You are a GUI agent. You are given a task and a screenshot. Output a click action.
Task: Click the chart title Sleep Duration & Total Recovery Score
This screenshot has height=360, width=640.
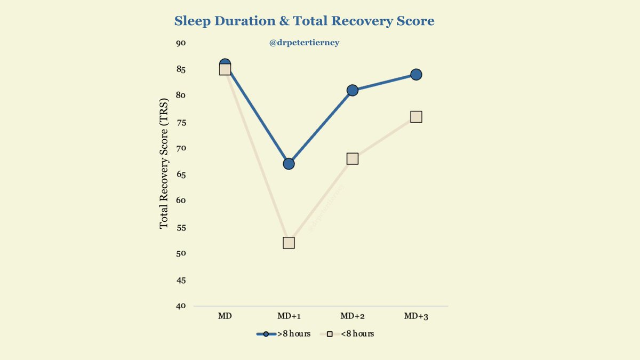coord(305,21)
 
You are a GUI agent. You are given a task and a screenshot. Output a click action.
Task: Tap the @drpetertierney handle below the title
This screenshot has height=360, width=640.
coord(305,43)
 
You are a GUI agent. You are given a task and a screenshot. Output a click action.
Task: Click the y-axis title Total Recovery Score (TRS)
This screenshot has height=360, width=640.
coord(164,160)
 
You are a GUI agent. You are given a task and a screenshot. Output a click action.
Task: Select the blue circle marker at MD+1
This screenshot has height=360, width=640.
coord(289,164)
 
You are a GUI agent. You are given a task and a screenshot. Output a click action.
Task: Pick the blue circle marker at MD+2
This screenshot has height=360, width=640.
coord(352,90)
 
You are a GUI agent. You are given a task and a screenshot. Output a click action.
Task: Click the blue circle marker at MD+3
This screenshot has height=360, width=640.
coord(416,74)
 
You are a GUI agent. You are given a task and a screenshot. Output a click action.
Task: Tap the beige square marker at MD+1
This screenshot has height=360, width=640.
coord(289,243)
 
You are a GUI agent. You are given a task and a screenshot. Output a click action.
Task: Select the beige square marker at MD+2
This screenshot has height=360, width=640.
coord(352,158)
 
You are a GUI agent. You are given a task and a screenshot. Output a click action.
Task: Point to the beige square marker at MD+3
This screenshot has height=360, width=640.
coord(416,116)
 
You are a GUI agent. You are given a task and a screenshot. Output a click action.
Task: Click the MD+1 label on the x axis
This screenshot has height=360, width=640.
coord(289,316)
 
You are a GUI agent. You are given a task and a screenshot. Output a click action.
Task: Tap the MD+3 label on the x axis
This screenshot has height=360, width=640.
coord(416,316)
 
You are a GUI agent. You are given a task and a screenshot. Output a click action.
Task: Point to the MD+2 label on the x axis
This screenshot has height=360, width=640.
coord(352,316)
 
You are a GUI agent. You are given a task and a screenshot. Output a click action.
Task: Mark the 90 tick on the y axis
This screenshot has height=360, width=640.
coord(181,43)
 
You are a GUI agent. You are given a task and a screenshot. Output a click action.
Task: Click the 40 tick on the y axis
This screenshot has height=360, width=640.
coord(181,306)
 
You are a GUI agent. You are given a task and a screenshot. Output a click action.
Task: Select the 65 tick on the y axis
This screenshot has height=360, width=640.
coord(181,174)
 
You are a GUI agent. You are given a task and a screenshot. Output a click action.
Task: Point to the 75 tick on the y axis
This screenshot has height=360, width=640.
coord(181,122)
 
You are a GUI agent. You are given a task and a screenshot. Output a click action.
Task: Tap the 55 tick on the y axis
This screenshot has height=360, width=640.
coord(181,227)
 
